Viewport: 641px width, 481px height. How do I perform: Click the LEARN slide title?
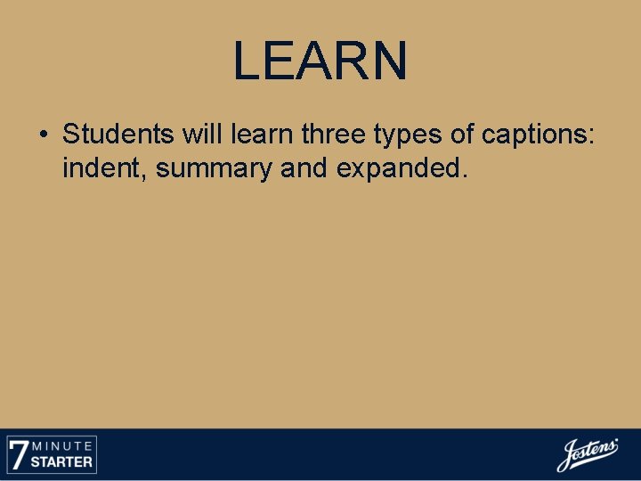pos(320,61)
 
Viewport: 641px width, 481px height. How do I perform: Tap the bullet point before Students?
pos(43,135)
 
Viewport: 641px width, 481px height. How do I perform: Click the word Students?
pos(118,135)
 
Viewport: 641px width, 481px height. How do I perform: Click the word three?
pos(336,135)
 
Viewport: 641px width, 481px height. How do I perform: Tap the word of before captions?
pos(463,135)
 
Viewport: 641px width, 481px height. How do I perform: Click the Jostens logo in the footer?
pos(587,455)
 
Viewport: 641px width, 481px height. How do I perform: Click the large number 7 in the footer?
pos(18,454)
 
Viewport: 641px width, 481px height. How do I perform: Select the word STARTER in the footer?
pos(62,462)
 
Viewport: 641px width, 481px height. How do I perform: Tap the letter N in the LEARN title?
pos(388,61)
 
